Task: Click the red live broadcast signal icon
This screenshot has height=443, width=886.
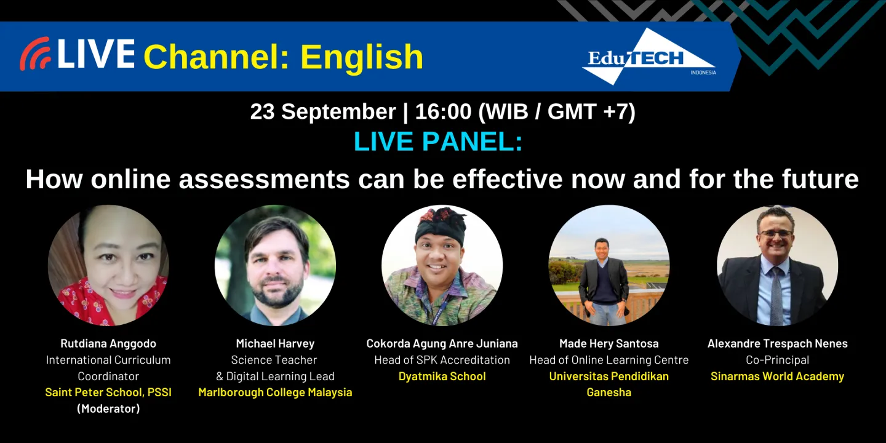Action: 35,54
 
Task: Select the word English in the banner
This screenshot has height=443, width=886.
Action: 362,57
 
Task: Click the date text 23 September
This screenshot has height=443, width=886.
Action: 322,111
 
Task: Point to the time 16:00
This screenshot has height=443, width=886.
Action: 443,111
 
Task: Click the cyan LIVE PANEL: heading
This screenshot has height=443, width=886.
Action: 437,142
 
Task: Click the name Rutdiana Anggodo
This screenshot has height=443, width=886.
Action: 108,343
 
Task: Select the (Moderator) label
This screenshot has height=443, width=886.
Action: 108,408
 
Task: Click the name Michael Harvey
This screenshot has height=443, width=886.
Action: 275,343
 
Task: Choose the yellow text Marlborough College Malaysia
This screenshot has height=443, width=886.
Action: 275,392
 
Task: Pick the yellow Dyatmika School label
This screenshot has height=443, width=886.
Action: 442,376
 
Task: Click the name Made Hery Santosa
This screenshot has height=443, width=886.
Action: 609,343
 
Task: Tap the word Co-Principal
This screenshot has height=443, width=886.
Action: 777,359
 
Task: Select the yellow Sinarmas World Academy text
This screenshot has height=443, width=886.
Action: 777,376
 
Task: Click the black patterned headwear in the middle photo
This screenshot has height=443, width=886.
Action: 441,223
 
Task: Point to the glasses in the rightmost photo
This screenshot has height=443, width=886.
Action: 776,233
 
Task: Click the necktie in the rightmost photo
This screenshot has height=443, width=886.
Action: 776,295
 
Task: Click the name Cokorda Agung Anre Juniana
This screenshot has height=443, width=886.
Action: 442,343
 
